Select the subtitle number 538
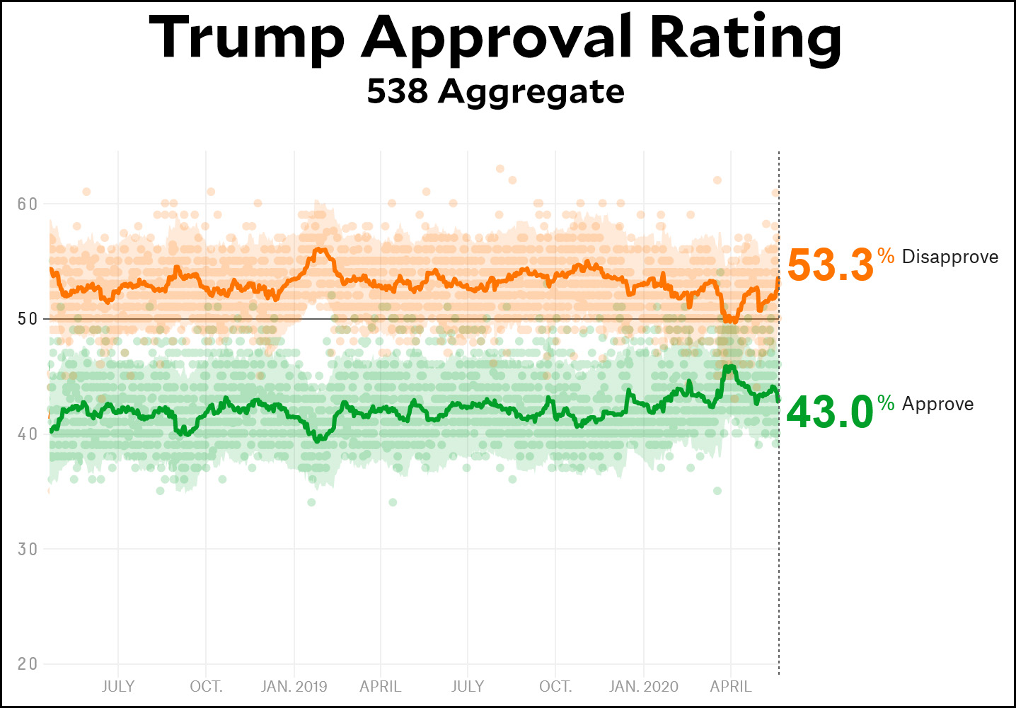[397, 91]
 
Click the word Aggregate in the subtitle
[531, 93]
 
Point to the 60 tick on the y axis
[28, 204]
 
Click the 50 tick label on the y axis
[28, 319]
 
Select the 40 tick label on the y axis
[28, 434]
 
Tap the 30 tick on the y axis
[28, 549]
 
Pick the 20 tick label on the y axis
[28, 663]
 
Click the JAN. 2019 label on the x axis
[294, 687]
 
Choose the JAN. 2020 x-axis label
[644, 687]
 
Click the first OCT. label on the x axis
[206, 687]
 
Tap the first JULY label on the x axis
[118, 687]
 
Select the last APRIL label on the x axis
[731, 687]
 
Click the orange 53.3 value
[831, 265]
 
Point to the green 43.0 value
[830, 412]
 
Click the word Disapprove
[950, 257]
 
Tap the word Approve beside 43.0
[938, 404]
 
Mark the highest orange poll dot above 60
[500, 168]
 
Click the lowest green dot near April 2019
[393, 502]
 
